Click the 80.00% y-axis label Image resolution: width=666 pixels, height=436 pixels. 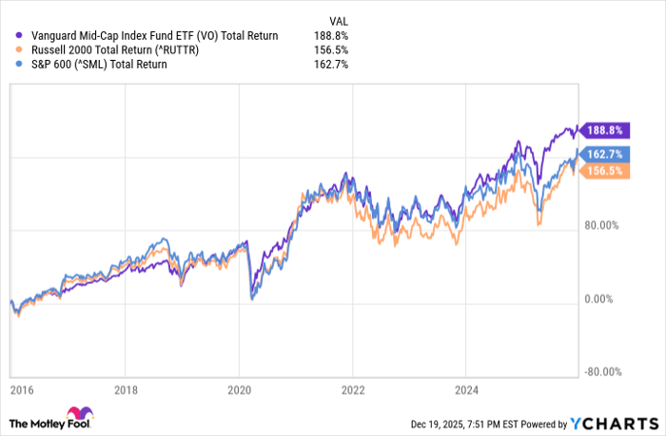pos(601,226)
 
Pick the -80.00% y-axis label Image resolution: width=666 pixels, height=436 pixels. pos(600,372)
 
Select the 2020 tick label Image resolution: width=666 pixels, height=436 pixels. pos(240,389)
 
